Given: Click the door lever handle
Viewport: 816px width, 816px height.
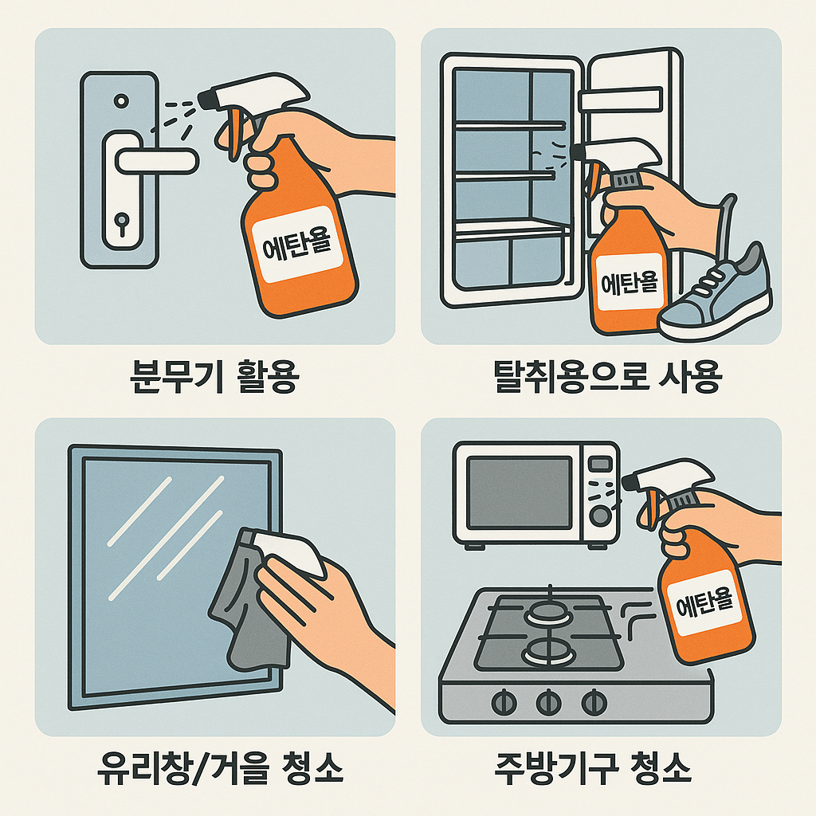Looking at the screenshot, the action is [x=156, y=161].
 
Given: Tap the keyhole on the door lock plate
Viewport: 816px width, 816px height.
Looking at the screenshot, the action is [x=122, y=224].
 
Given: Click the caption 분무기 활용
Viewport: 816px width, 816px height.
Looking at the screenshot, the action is [x=214, y=376].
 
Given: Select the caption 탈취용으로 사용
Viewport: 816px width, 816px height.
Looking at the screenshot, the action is [x=607, y=376].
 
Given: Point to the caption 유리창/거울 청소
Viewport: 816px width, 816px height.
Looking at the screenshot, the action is [x=220, y=768].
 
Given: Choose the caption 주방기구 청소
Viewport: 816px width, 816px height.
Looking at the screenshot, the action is [x=593, y=768].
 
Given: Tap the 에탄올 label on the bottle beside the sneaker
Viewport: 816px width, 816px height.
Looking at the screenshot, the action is [x=630, y=283].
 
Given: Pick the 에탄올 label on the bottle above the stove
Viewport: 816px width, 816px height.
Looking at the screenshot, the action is [x=704, y=602].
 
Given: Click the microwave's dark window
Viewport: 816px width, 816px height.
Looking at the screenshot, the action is [x=520, y=492].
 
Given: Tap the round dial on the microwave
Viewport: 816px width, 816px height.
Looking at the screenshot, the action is [x=600, y=516].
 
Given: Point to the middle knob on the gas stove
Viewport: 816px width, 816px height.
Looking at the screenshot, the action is [x=548, y=703].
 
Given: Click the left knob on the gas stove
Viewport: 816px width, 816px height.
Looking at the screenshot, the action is [x=504, y=703].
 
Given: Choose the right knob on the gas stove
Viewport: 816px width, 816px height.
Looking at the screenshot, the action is [x=594, y=703].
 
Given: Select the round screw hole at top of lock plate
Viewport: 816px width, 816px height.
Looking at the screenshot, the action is [x=121, y=100].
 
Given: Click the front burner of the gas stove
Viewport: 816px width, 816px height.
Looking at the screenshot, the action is [x=548, y=653].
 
